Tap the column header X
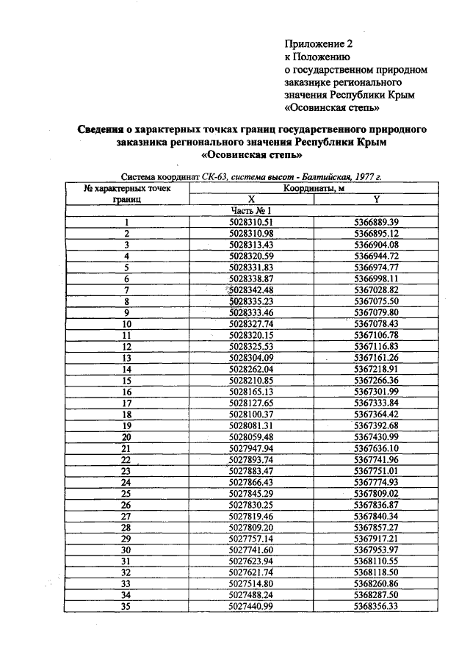(x=250, y=199)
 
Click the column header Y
(x=376, y=199)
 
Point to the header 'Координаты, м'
(x=314, y=188)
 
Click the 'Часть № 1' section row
(x=250, y=210)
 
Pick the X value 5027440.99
(x=250, y=606)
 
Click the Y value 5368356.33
(x=376, y=606)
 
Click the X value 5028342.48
(x=250, y=290)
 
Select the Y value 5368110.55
(x=376, y=561)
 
